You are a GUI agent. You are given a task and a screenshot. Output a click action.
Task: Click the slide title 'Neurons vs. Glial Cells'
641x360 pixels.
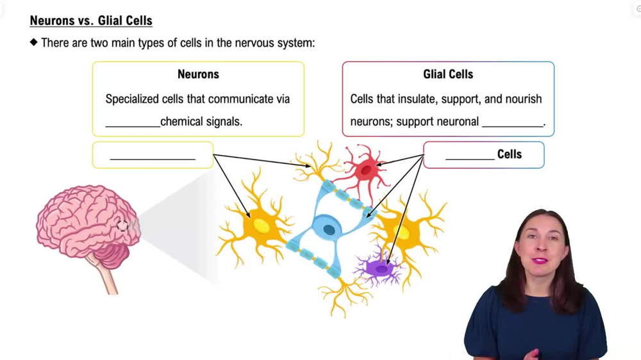pos(91,20)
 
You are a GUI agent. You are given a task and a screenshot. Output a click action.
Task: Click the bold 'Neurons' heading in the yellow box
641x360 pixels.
pos(198,74)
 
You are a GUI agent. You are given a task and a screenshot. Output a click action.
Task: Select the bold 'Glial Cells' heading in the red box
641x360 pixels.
pos(448,74)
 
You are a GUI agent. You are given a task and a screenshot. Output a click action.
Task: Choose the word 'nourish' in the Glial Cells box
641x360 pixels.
pos(522,99)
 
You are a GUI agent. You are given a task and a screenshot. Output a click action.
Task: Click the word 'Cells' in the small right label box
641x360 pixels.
pos(510,154)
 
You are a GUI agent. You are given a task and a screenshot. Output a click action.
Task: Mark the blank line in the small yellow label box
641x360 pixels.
pos(153,157)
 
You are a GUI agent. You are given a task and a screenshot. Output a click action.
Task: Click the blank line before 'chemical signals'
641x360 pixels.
pos(133,126)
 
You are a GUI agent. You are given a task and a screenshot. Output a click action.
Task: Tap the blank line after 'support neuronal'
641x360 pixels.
pos(512,126)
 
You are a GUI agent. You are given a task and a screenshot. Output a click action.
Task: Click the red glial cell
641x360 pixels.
pos(365,170)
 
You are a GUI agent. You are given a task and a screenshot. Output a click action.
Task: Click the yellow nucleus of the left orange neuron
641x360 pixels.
pos(262,225)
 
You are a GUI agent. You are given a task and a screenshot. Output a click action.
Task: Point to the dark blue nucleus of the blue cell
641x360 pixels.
pos(329,229)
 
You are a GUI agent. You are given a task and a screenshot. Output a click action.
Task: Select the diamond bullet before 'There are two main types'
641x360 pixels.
pos(34,43)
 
